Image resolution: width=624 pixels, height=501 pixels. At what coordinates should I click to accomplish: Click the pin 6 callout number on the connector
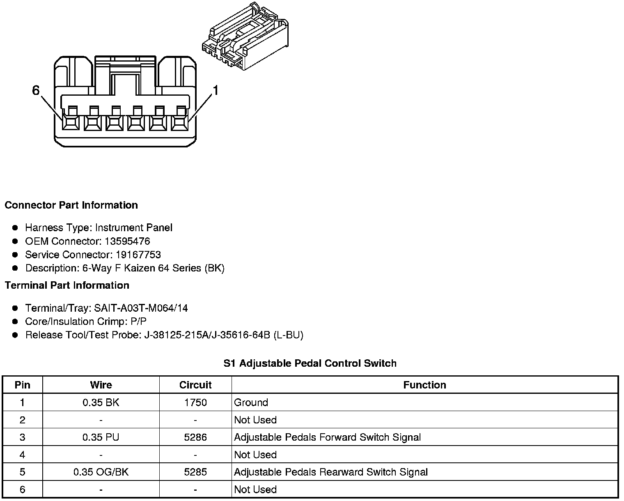tap(36, 90)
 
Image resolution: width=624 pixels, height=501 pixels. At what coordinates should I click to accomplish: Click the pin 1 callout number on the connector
tap(215, 90)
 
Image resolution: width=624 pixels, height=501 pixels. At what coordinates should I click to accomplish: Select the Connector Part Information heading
tap(71, 205)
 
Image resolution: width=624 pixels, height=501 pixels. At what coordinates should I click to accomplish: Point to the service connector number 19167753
tap(138, 255)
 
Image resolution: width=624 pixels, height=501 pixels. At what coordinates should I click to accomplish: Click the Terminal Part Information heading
tap(67, 285)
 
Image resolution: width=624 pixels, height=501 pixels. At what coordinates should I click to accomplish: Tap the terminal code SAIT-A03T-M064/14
tap(141, 308)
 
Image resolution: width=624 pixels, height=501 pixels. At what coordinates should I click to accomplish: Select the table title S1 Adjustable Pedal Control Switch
tap(310, 363)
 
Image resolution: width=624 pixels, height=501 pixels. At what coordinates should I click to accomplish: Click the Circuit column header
tap(195, 385)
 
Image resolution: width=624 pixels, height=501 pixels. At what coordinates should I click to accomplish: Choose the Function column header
tap(424, 385)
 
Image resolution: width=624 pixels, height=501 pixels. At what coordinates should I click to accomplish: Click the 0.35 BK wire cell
tap(101, 402)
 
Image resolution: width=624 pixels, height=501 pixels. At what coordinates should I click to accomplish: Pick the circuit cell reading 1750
tap(195, 402)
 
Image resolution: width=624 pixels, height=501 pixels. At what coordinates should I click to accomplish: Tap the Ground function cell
tap(251, 402)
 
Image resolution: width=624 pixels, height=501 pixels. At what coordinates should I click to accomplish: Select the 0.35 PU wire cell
tap(101, 437)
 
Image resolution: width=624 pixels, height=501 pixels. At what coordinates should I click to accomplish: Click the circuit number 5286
tap(195, 437)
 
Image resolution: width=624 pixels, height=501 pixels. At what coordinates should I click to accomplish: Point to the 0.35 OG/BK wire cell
tap(101, 472)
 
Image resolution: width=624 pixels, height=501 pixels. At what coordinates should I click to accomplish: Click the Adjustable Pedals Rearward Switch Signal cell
tap(330, 472)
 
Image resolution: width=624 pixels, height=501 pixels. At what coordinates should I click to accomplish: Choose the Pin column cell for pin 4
tap(22, 455)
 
